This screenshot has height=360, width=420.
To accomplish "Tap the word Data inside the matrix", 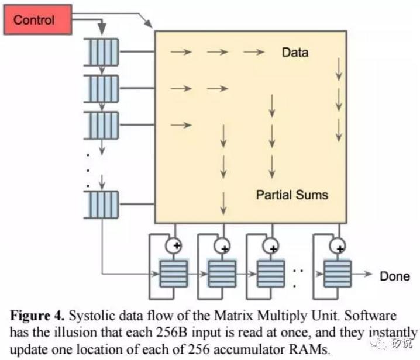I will pyautogui.click(x=295, y=53).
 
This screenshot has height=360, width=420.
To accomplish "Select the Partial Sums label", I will pyautogui.click(x=292, y=194).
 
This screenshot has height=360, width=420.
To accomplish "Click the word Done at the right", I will pyautogui.click(x=395, y=276).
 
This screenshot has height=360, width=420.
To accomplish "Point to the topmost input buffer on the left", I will pyautogui.click(x=102, y=53).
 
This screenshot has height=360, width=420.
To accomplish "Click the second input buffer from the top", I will pyautogui.click(x=102, y=89).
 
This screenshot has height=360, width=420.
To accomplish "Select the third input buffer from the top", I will pyautogui.click(x=102, y=124).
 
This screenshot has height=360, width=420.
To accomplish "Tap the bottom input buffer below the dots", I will pyautogui.click(x=102, y=204).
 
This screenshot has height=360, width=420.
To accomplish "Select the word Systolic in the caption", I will pyautogui.click(x=89, y=316).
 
